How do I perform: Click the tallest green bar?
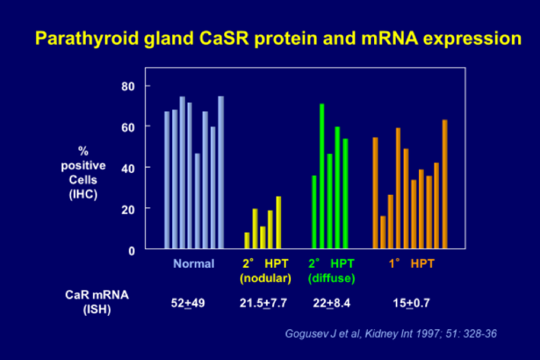click(322, 176)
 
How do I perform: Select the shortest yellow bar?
click(247, 240)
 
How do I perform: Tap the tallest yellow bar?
click(278, 222)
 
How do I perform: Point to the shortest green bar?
click(314, 212)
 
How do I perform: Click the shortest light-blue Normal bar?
click(198, 200)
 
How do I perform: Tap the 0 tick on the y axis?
click(131, 250)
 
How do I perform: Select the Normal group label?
click(193, 264)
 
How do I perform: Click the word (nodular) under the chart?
click(265, 278)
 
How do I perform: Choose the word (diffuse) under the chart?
click(331, 278)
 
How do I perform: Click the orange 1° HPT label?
click(413, 264)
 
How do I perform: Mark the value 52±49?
click(188, 303)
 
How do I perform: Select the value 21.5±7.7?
click(264, 303)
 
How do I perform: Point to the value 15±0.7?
click(411, 303)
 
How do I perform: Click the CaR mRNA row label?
click(92, 295)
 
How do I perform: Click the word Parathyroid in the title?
click(79, 38)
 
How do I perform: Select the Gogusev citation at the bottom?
click(391, 333)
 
